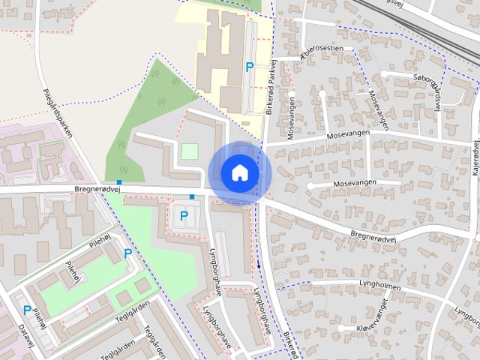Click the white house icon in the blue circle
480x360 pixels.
[x=239, y=172]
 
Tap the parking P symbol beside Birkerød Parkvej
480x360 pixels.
[x=250, y=67]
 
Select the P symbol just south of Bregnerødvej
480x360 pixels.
[x=184, y=218]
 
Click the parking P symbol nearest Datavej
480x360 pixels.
[x=27, y=310]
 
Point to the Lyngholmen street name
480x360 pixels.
[x=379, y=286]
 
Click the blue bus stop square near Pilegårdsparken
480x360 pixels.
[x=119, y=182]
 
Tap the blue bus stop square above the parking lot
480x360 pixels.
[x=192, y=196]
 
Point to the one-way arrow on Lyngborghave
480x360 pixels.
[x=259, y=264]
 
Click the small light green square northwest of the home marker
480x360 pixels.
[x=190, y=151]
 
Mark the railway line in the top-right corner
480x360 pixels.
[x=420, y=19]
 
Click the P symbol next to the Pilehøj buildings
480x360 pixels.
[x=127, y=254]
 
